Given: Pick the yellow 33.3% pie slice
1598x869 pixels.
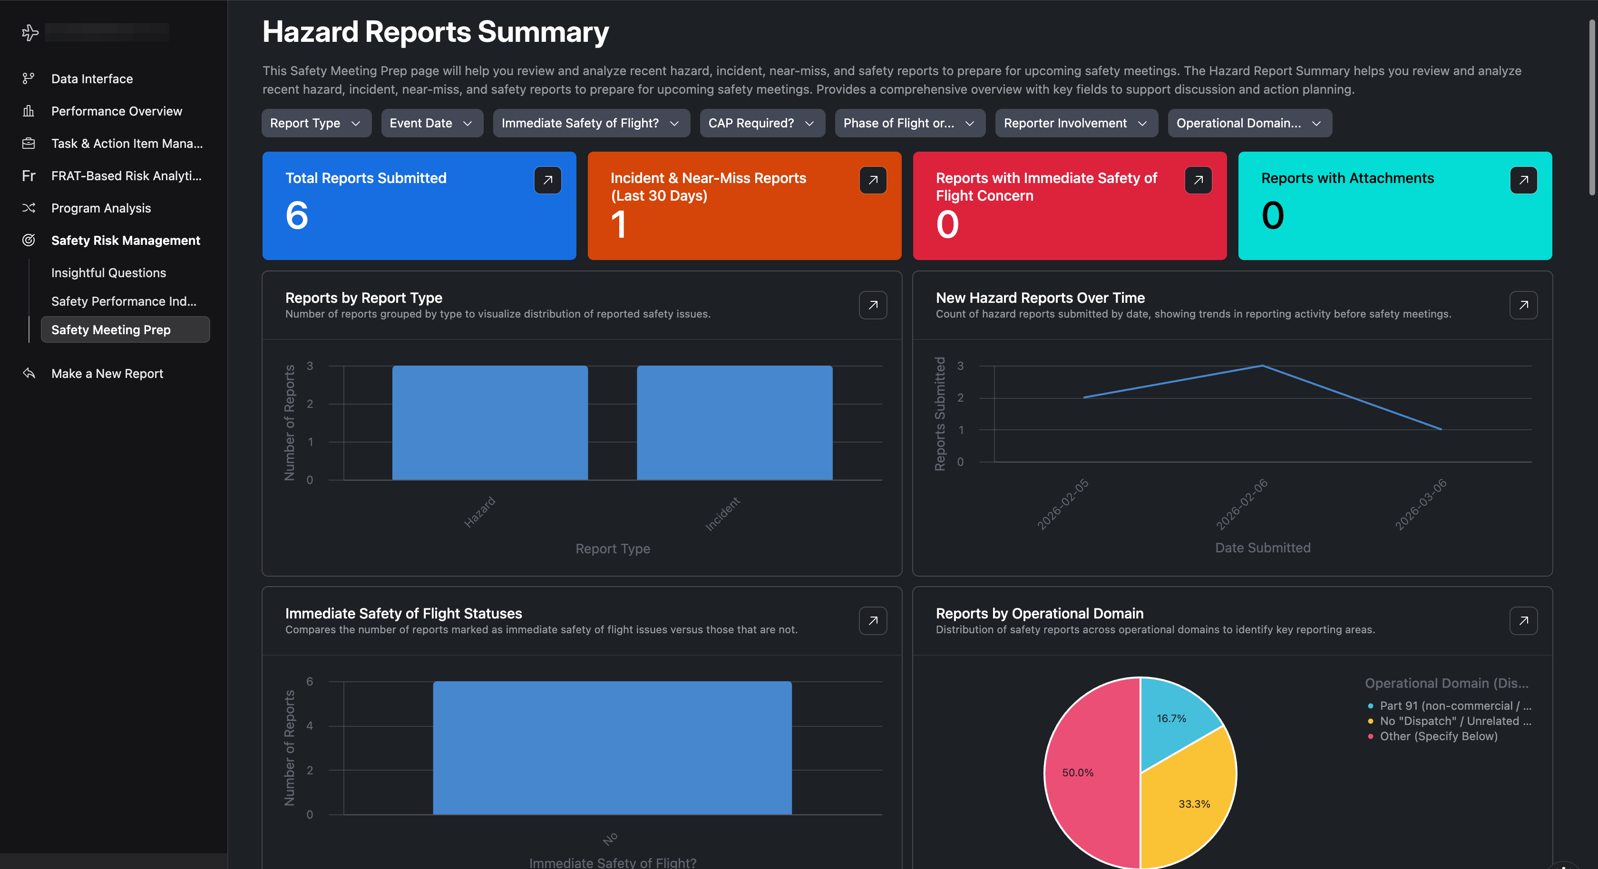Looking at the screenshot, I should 1188,806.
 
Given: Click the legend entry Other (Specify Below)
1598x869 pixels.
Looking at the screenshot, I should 1438,736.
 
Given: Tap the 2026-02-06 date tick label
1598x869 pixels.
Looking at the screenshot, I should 1241,503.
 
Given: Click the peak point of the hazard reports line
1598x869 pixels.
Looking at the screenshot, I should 1262,366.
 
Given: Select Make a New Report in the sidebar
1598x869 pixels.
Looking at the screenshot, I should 107,373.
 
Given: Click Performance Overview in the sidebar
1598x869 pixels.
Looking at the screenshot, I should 117,111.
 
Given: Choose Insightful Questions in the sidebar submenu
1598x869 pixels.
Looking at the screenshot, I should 108,273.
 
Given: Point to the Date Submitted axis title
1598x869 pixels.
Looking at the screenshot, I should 1262,548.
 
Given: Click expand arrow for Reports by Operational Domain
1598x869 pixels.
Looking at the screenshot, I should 1523,621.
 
